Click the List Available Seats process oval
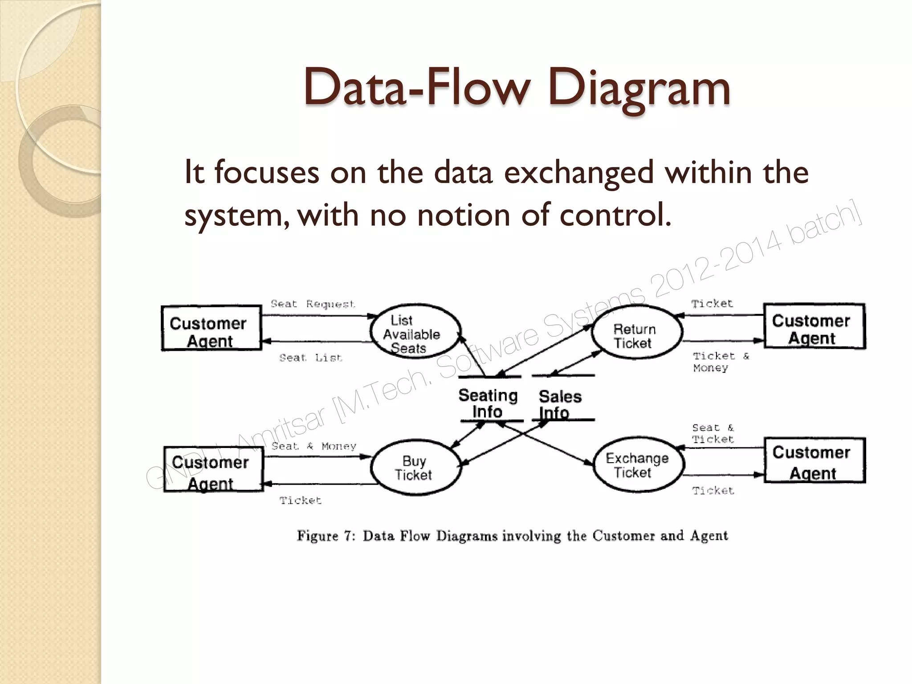tap(415, 332)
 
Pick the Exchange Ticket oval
tap(638, 465)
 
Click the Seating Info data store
tap(489, 403)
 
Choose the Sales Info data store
tap(561, 403)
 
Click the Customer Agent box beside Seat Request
tap(211, 329)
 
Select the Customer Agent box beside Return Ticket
tap(814, 327)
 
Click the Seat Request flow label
tap(313, 304)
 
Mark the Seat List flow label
tap(310, 358)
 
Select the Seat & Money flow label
tap(313, 446)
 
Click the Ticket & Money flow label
tap(721, 362)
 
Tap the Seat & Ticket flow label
tap(712, 433)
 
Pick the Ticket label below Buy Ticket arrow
tap(300, 501)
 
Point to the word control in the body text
tap(615, 215)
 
